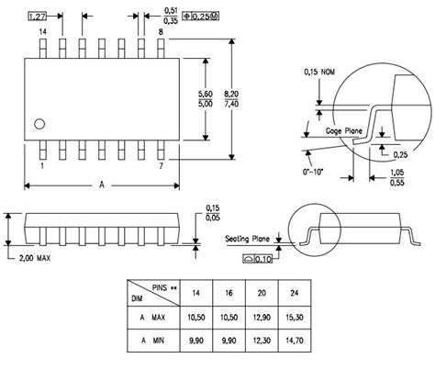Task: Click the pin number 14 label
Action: tap(42, 32)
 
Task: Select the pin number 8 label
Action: tap(162, 32)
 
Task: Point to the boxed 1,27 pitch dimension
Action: tap(38, 17)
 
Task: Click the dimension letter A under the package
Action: tap(101, 185)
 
